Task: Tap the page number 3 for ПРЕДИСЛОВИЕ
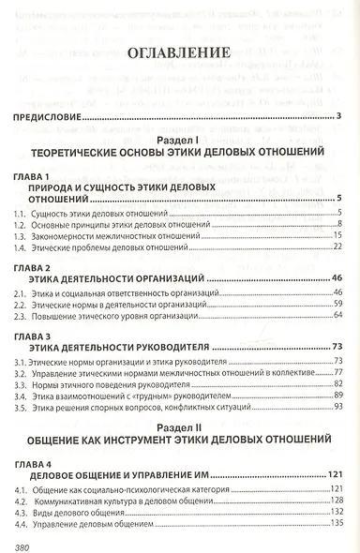pyautogui.click(x=337, y=116)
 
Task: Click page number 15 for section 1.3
pyautogui.click(x=334, y=238)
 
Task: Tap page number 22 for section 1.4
pyautogui.click(x=334, y=250)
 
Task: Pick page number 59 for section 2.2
pyautogui.click(x=334, y=306)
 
